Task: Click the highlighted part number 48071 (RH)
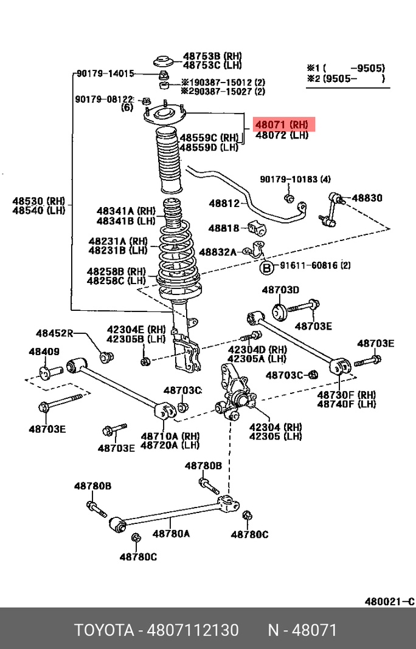282,124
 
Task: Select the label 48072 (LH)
282,135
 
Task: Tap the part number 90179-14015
105,74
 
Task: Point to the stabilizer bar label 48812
224,203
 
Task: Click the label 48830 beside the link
367,198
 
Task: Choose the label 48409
44,352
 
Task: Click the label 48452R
54,333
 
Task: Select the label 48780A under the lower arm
171,534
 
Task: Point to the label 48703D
280,290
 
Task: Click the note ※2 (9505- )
345,78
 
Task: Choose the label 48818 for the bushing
224,228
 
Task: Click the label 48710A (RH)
161,436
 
